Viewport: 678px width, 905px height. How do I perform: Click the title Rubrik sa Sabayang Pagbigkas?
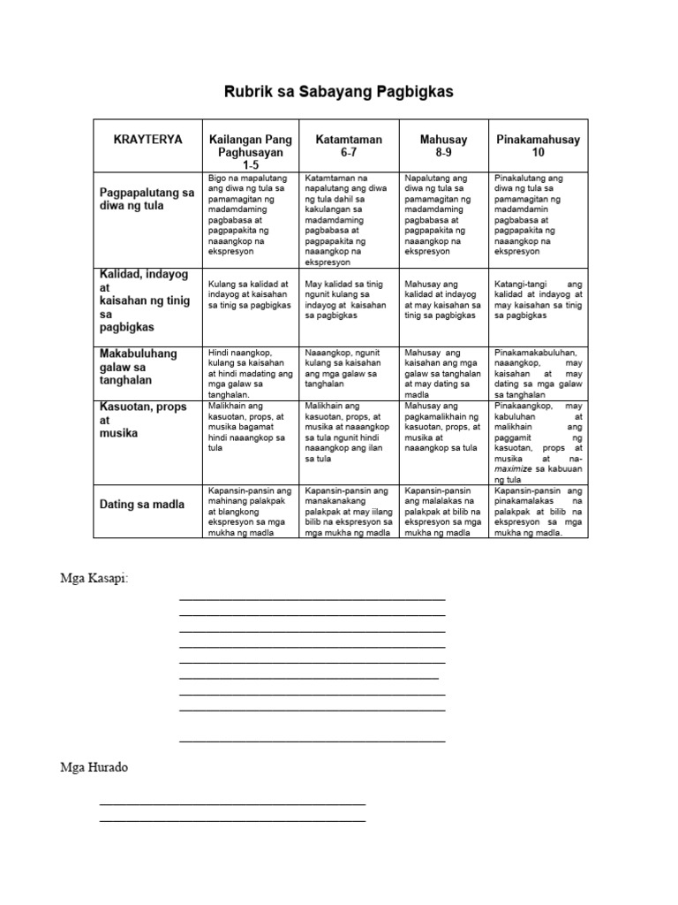pyautogui.click(x=339, y=92)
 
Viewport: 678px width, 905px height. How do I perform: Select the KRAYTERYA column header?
pyautogui.click(x=147, y=140)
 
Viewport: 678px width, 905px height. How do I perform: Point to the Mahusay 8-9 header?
pyautogui.click(x=443, y=146)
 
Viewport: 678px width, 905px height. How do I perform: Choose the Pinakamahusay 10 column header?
pyautogui.click(x=539, y=146)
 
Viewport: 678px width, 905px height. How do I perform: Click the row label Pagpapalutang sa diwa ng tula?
pyautogui.click(x=147, y=199)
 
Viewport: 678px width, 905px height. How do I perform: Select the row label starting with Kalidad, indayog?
pyautogui.click(x=147, y=300)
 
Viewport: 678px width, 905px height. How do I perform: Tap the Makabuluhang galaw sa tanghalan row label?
pyautogui.click(x=138, y=366)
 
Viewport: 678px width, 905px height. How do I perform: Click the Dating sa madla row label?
pyautogui.click(x=142, y=504)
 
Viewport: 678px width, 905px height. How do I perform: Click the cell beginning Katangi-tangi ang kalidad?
pyautogui.click(x=539, y=299)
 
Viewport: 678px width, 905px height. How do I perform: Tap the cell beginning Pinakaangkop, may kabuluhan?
pyautogui.click(x=539, y=441)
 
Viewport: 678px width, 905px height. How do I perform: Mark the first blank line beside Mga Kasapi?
pyautogui.click(x=312, y=599)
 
